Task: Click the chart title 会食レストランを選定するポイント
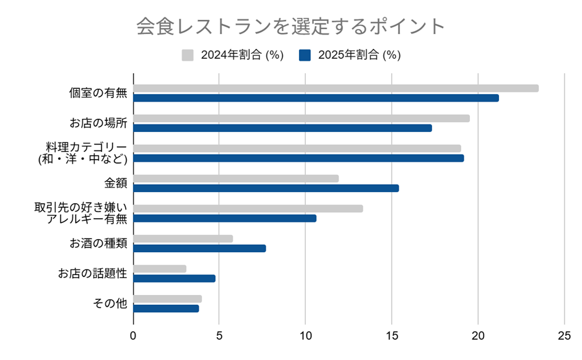[291, 27]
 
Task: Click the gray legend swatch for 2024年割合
[188, 55]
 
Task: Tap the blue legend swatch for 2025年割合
[305, 55]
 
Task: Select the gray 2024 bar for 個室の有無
[336, 88]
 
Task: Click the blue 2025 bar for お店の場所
[282, 128]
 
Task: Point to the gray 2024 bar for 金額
[236, 178]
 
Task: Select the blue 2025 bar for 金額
[266, 188]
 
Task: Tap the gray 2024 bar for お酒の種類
[183, 239]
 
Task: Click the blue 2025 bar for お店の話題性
[174, 278]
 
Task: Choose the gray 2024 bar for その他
[167, 299]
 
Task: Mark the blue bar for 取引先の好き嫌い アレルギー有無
[225, 218]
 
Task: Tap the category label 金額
[116, 183]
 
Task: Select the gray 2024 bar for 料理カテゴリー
[297, 148]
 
